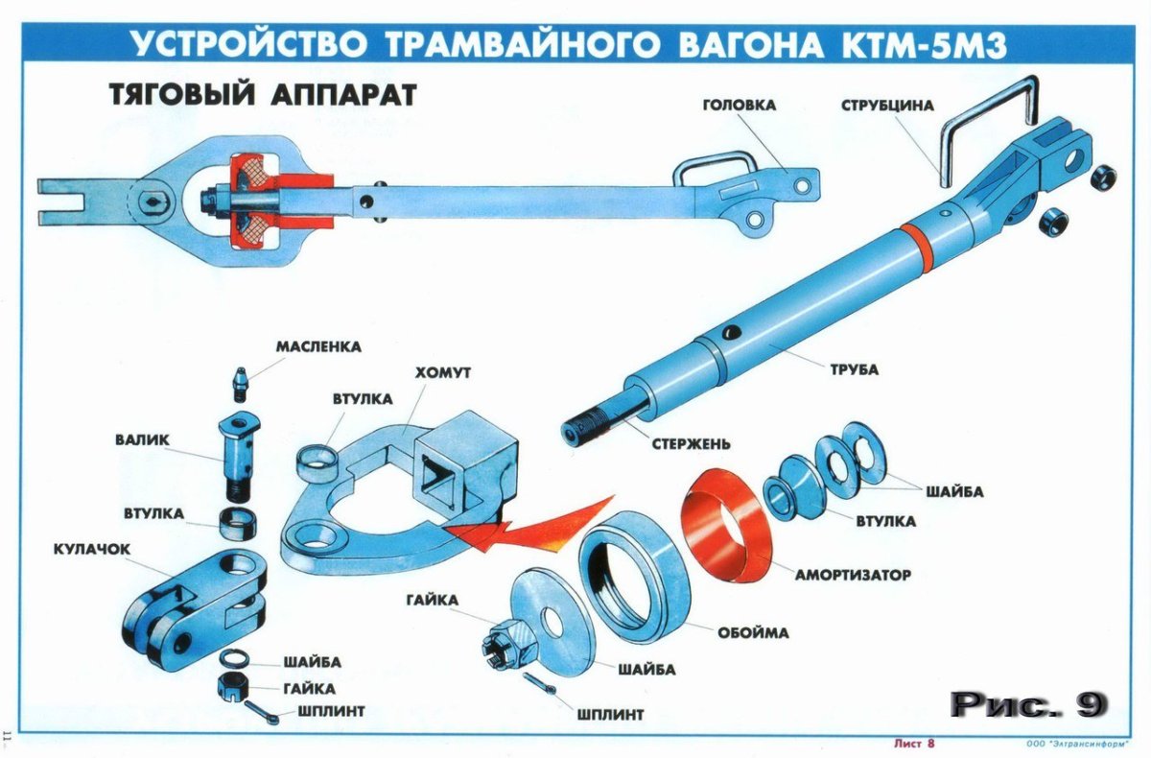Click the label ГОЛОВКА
click(x=739, y=105)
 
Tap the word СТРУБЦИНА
click(x=887, y=105)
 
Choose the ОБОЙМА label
click(x=753, y=632)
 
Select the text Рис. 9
click(x=1029, y=704)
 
